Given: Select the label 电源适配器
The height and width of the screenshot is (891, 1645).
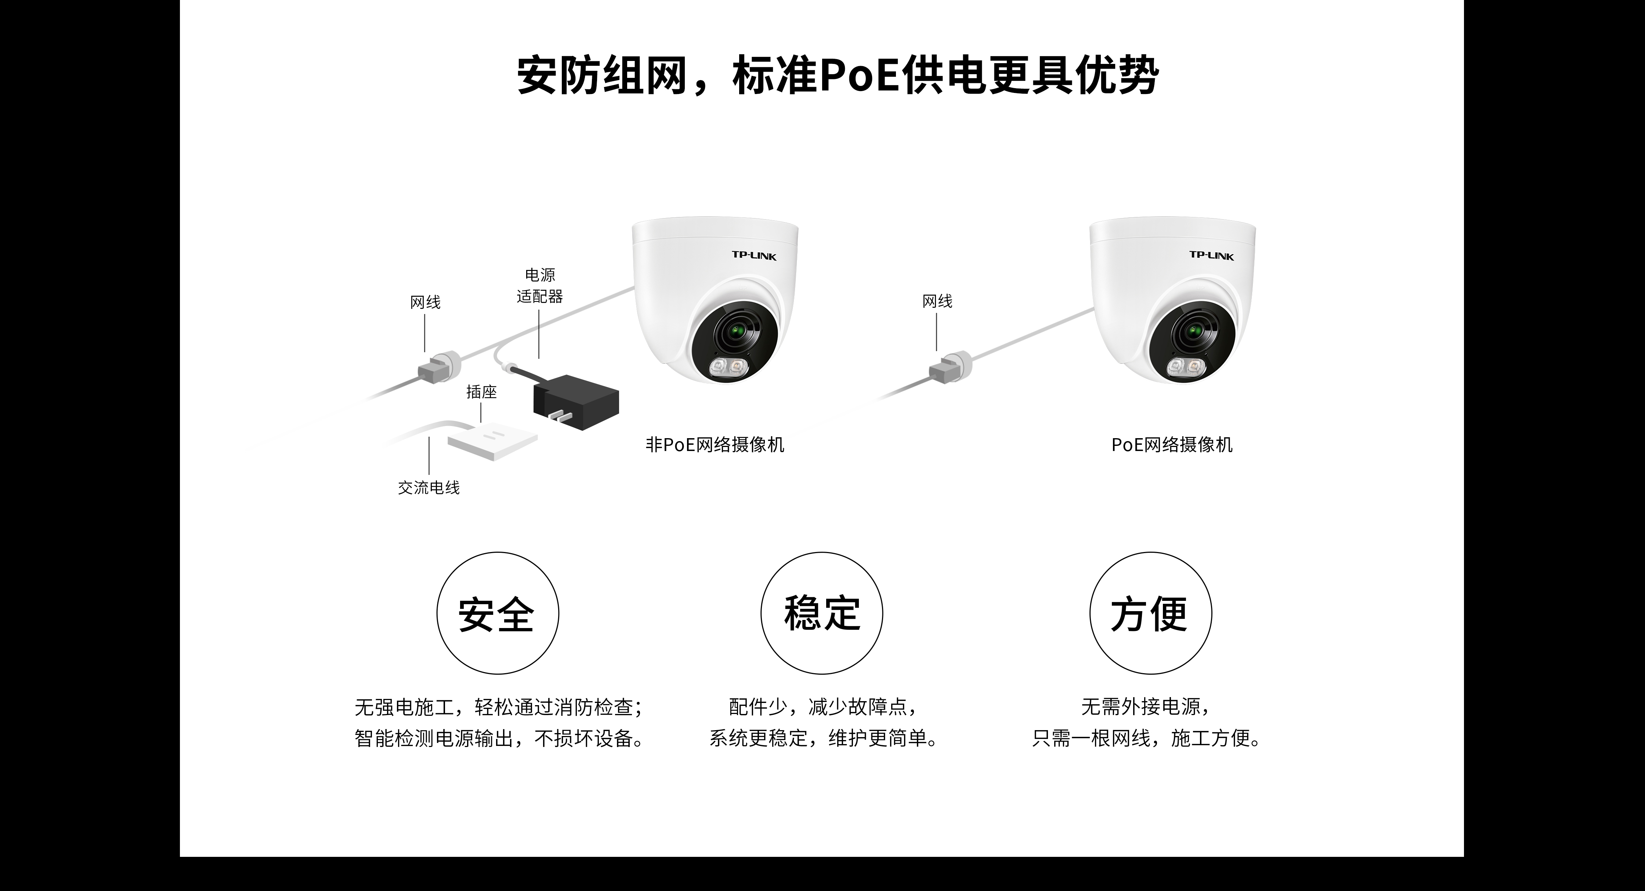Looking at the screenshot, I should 540,285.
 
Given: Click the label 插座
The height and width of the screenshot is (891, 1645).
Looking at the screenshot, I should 481,392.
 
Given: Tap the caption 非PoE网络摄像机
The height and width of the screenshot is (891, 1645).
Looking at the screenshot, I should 715,444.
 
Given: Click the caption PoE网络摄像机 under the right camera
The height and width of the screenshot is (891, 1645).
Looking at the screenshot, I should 1171,444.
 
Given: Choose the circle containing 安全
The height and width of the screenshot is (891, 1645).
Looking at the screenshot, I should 498,613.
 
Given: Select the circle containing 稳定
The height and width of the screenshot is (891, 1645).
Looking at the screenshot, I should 822,613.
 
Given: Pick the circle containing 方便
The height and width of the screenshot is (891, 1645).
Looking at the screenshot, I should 1150,613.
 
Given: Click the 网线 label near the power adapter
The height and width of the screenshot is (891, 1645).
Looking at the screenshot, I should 425,302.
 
